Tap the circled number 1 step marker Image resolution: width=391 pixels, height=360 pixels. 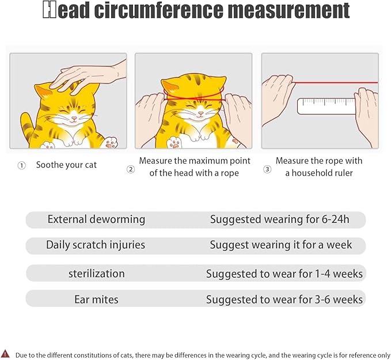pos(21,165)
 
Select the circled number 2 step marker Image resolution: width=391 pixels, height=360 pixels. pos(131,169)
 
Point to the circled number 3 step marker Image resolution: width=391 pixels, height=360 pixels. pos(267,169)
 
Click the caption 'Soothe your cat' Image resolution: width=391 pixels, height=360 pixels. pos(66,165)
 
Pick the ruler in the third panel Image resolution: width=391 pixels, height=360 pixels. pos(326,106)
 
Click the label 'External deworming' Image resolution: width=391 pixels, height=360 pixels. pos(96,219)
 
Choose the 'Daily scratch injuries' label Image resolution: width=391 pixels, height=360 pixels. pos(96,245)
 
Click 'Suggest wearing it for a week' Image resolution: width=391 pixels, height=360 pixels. pos(280,245)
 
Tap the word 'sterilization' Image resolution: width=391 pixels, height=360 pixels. pos(96,274)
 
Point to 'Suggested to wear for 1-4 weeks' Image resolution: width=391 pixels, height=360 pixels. pos(284,274)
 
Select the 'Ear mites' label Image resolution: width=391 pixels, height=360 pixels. pos(96,299)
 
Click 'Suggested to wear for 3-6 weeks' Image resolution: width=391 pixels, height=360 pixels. pos(284,299)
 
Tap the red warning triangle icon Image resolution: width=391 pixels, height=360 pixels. pos(6,353)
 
